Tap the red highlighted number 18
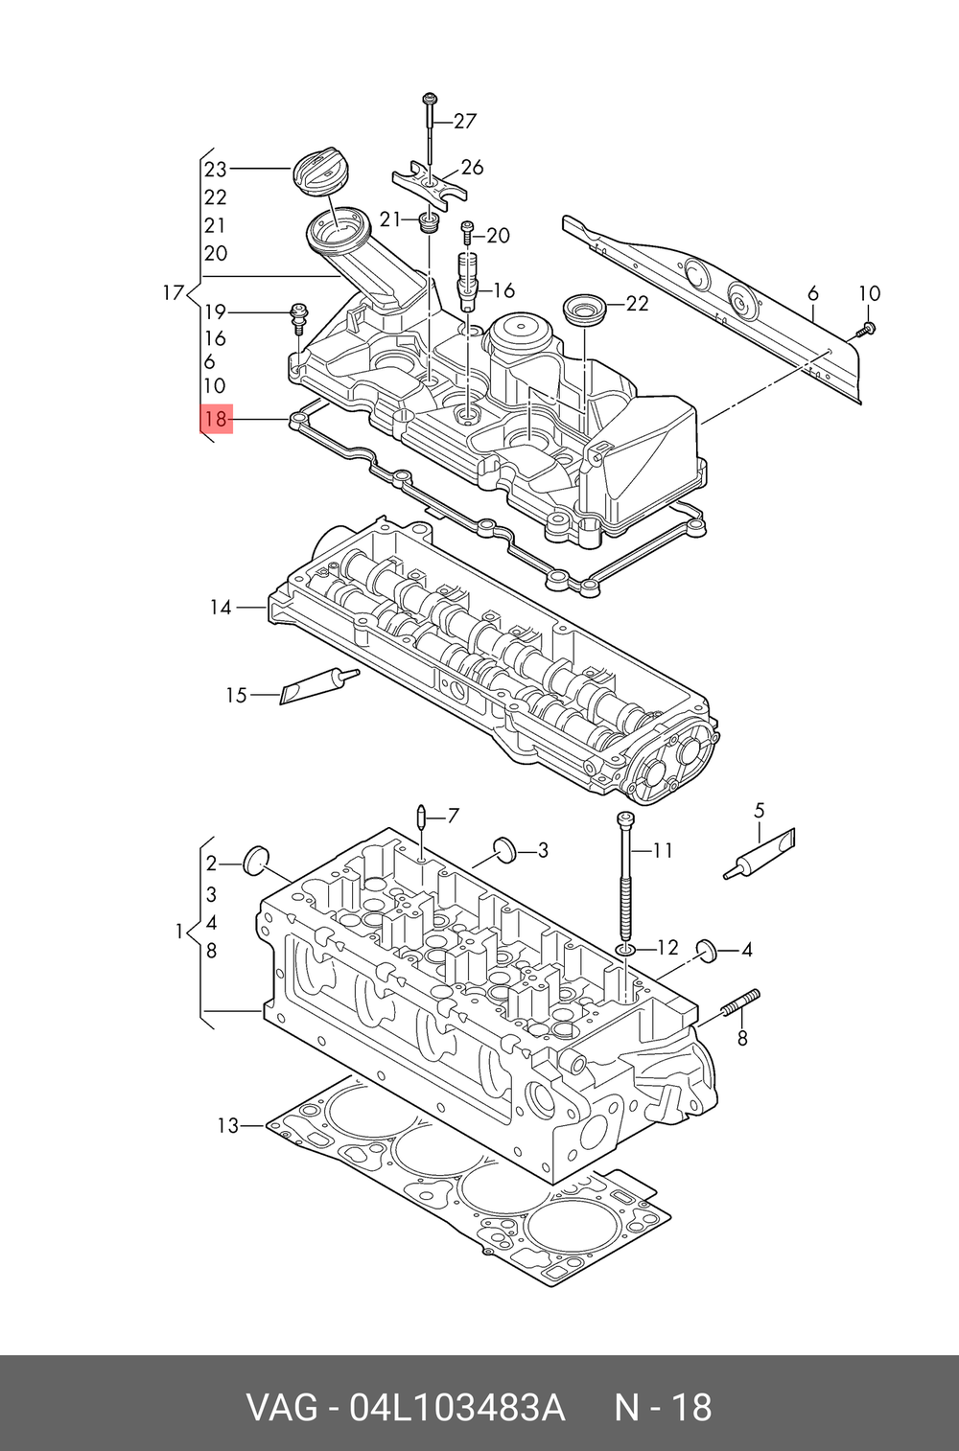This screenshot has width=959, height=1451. (x=216, y=419)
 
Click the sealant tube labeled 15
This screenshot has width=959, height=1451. (x=318, y=686)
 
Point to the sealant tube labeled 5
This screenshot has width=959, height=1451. (x=760, y=854)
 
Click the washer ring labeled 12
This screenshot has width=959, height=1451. (x=625, y=950)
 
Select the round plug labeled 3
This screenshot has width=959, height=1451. (x=503, y=849)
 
